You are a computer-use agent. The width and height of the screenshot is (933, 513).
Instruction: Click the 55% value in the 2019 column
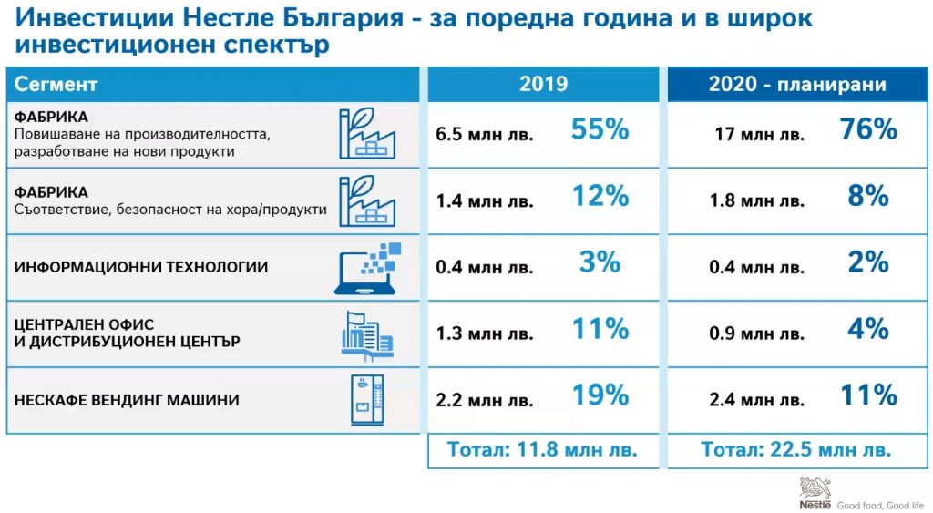600,129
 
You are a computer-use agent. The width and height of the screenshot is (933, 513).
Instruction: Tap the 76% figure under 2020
868,129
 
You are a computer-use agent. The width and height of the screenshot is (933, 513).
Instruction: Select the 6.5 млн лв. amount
485,134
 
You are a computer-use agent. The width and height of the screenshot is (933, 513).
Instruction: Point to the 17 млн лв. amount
759,134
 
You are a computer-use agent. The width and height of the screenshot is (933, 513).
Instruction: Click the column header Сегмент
56,84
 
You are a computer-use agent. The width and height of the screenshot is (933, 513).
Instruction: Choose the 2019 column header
543,84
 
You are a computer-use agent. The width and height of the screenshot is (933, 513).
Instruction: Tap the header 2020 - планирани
797,85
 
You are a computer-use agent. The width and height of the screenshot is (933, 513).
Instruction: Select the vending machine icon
367,400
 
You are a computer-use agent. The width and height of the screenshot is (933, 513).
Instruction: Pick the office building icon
367,335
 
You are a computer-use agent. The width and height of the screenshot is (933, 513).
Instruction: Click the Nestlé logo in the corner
815,493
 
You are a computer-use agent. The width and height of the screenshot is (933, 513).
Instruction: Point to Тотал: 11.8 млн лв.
542,448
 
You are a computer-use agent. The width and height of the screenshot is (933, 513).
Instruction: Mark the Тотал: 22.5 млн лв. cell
796,448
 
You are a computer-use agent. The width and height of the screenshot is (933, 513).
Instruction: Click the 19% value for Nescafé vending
600,395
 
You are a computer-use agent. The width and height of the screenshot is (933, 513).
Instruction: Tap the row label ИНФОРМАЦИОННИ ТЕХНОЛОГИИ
141,267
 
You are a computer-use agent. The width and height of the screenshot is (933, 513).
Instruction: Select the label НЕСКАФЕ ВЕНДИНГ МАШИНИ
127,400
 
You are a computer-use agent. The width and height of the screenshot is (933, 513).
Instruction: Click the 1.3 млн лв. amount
485,333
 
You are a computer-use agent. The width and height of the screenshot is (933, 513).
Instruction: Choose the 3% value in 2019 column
600,262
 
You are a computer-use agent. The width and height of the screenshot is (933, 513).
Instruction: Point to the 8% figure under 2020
868,196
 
